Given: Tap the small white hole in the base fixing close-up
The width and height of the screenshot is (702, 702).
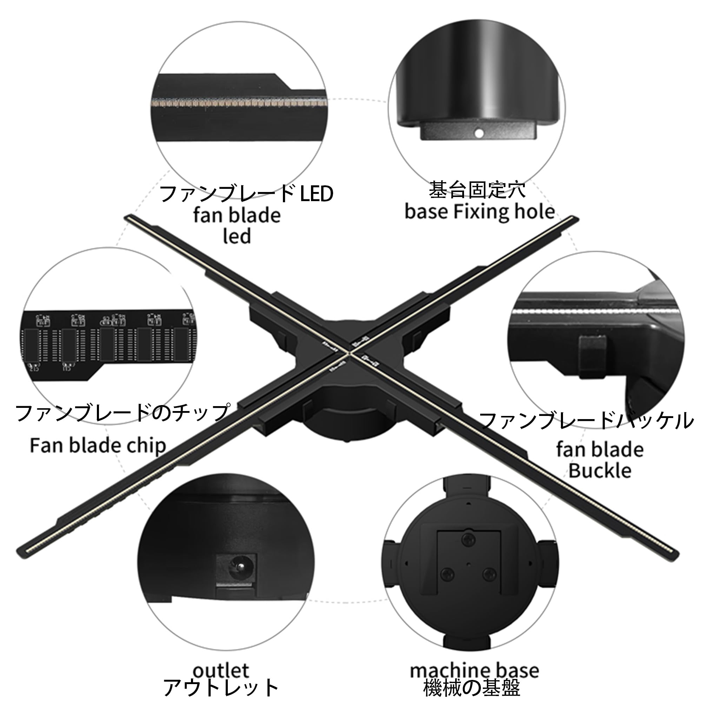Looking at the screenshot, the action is (479, 133).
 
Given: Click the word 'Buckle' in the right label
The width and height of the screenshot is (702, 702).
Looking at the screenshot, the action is (600, 471).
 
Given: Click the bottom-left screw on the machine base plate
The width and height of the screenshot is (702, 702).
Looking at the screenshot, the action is (447, 575).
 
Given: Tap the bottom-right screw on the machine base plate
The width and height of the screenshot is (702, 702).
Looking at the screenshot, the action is (489, 574).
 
